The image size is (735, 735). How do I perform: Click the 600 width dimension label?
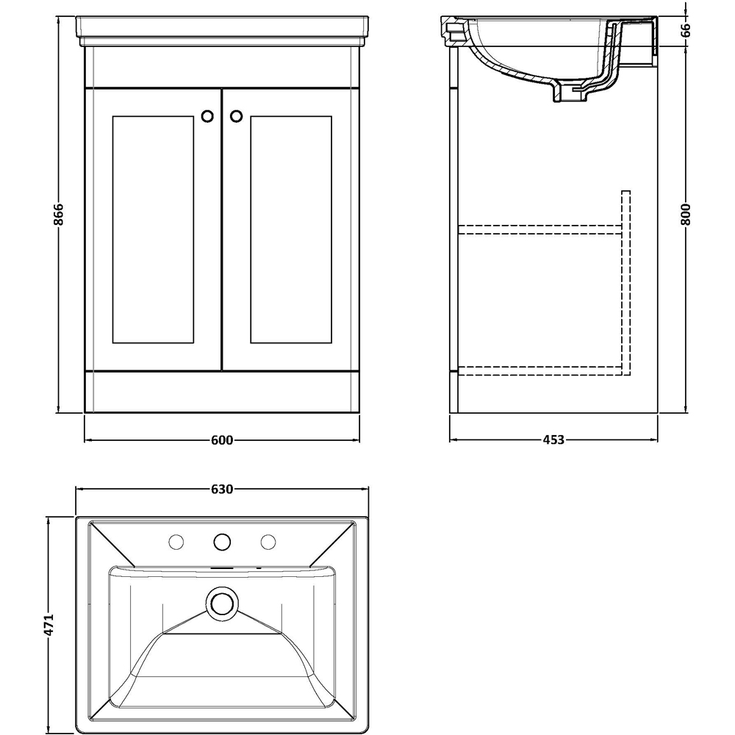point(222,440)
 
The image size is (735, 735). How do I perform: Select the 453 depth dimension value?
point(553,440)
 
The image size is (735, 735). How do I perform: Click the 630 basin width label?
point(222,489)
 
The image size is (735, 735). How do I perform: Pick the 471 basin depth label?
point(50,625)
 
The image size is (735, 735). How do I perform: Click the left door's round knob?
point(208,115)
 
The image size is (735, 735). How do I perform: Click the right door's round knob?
point(236,115)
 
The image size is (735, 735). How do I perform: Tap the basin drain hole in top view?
point(222,602)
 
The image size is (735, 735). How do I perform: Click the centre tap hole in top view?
point(222,542)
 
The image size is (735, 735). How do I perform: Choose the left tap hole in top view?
point(176,542)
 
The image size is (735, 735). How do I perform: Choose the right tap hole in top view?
point(268,542)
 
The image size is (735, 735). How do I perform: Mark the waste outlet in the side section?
point(570,93)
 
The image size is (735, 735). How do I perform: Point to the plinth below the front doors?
point(222,392)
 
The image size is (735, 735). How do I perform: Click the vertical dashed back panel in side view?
point(626,279)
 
